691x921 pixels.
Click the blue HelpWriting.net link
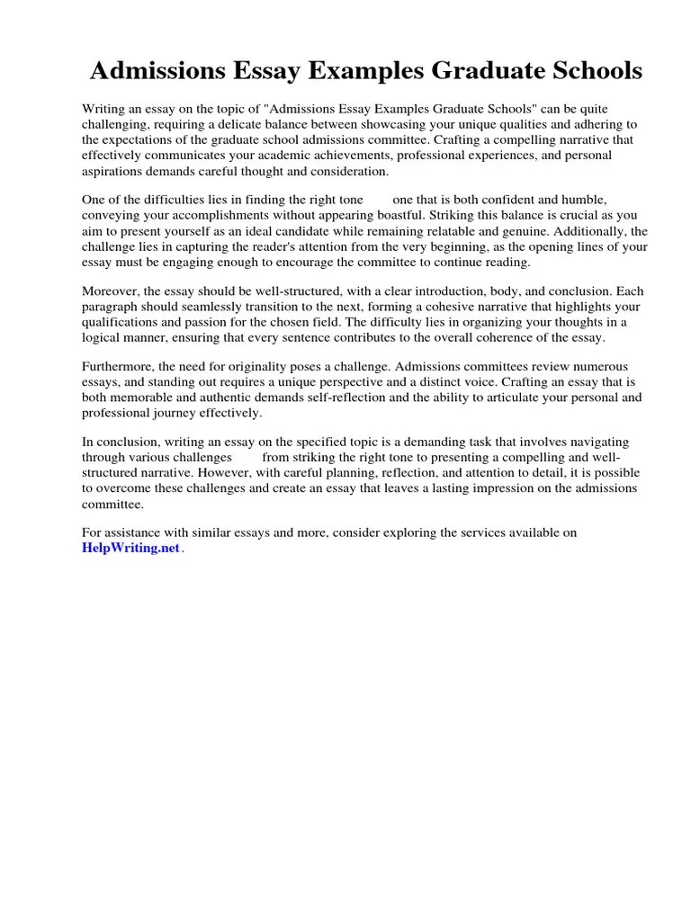[131, 549]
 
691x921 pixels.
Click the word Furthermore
[117, 367]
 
